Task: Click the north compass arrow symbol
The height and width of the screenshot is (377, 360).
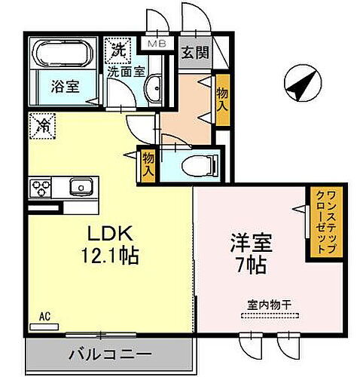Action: click(301, 84)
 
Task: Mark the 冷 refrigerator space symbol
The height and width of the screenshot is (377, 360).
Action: click(44, 125)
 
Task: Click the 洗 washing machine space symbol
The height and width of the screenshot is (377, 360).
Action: click(118, 52)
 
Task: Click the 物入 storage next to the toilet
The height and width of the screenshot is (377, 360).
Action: click(148, 164)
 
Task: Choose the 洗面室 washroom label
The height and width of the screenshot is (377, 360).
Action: click(122, 73)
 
